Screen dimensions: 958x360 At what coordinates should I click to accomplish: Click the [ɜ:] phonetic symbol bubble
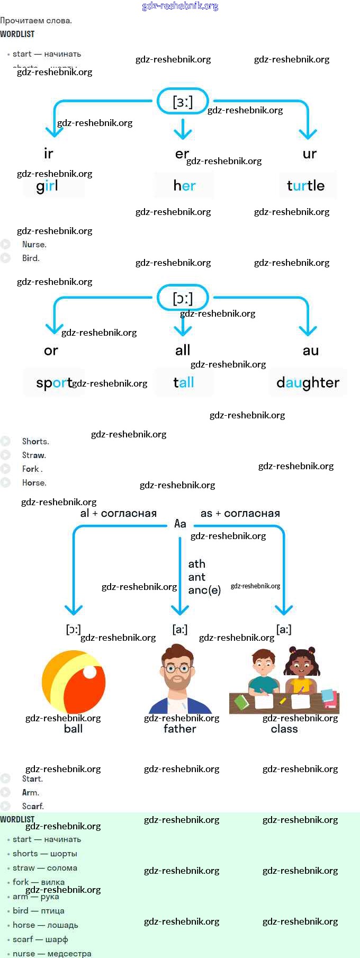(x=183, y=101)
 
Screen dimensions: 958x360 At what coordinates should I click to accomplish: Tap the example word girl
(x=48, y=186)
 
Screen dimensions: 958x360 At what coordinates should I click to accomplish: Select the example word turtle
(x=305, y=186)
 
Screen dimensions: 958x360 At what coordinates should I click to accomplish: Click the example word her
(x=184, y=186)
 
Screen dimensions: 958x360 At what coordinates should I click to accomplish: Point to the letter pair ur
(x=309, y=154)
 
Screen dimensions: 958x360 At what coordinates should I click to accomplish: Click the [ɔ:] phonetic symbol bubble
(x=183, y=298)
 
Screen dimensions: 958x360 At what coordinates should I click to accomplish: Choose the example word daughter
(x=308, y=383)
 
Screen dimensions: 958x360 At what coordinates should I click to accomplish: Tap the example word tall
(x=184, y=382)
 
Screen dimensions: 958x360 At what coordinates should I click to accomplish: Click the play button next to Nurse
(x=6, y=245)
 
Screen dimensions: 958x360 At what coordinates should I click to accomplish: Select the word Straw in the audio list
(x=34, y=455)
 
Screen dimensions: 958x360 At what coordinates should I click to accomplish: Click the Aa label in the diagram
(x=180, y=524)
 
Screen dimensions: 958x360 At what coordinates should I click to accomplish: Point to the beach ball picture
(x=74, y=682)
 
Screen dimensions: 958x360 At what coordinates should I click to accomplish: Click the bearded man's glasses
(x=178, y=668)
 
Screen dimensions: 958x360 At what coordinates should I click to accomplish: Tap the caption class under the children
(x=284, y=729)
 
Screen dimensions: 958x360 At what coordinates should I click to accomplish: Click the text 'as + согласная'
(x=240, y=514)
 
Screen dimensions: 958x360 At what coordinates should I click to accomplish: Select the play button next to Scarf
(x=6, y=806)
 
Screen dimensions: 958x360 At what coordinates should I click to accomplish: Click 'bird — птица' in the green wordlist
(x=39, y=911)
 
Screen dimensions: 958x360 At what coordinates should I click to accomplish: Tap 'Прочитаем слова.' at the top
(x=36, y=21)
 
